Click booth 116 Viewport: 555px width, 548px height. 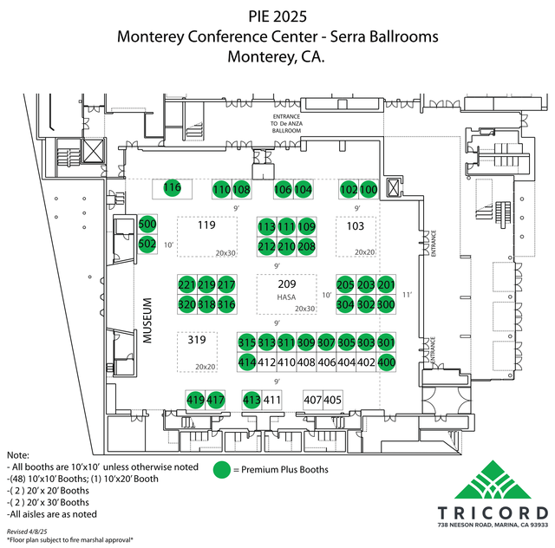point(172,188)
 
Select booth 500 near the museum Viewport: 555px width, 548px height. point(147,225)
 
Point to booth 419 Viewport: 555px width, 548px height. point(196,400)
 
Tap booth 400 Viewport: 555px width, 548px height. point(386,362)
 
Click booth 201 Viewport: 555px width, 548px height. point(386,285)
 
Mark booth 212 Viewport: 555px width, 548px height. point(267,247)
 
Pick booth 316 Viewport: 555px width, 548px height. point(226,304)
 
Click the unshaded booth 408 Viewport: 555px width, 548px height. point(306,362)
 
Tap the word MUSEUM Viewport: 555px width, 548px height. point(148,318)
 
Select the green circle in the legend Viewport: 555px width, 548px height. point(223,470)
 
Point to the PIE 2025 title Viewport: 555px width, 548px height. point(277,16)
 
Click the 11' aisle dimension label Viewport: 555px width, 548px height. point(405,295)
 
